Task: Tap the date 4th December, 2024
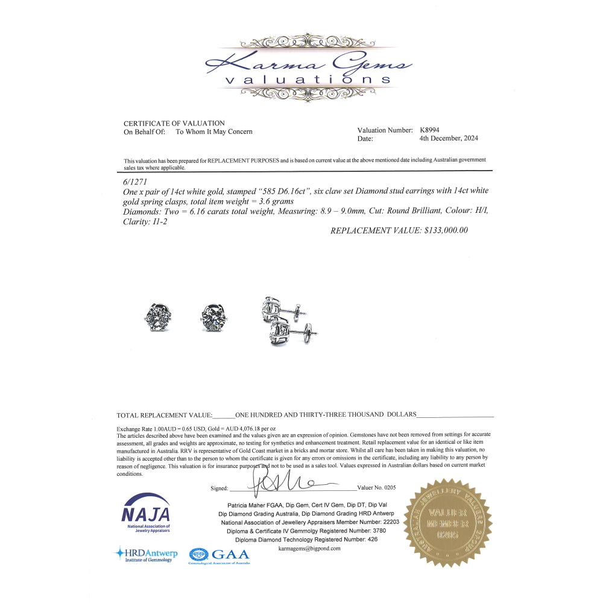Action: coord(449,138)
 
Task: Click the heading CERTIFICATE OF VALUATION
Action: coord(174,124)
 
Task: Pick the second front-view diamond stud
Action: coord(215,318)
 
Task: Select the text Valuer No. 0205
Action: coord(377,487)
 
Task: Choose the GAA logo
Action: coord(219,555)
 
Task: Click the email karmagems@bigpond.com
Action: coord(310,549)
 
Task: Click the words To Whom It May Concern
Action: coord(214,131)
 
